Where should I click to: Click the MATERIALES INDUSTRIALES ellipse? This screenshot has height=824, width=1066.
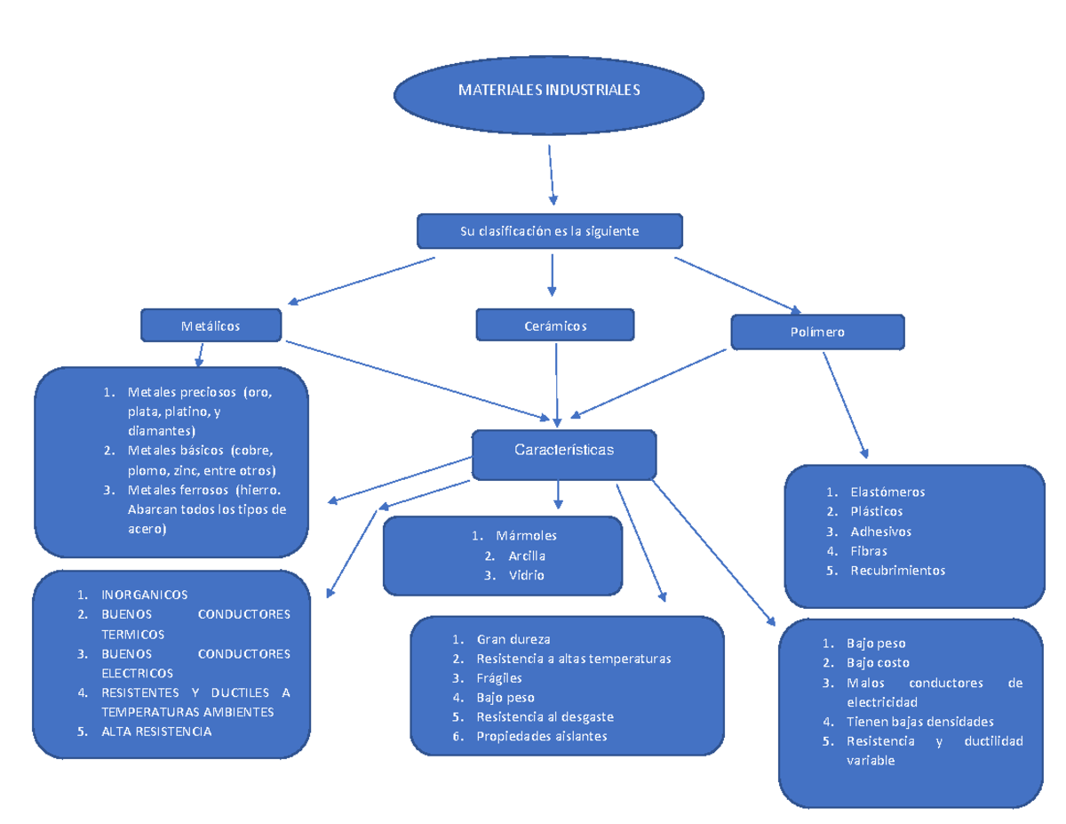point(547,91)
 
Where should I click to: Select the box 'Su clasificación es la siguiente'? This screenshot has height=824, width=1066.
point(550,231)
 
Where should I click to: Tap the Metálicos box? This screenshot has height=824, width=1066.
point(211,325)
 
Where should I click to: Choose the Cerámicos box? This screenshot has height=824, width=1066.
point(555,325)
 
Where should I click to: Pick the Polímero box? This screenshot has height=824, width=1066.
point(817,332)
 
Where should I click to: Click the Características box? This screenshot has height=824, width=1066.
point(564,452)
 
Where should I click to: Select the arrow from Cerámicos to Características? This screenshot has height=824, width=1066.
point(556,382)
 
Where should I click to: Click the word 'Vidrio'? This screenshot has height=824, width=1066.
point(527,575)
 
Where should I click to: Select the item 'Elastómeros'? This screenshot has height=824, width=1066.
point(887,492)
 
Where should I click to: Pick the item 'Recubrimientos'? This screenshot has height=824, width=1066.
point(897,571)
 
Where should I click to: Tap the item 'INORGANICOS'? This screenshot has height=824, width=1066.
point(144,595)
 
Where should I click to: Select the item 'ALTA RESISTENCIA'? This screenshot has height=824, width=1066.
point(156,732)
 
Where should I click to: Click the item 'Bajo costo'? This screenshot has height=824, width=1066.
point(878,663)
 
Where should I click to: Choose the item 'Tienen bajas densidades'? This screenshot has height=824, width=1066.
point(919,722)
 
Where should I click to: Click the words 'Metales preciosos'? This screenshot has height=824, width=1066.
point(182,392)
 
